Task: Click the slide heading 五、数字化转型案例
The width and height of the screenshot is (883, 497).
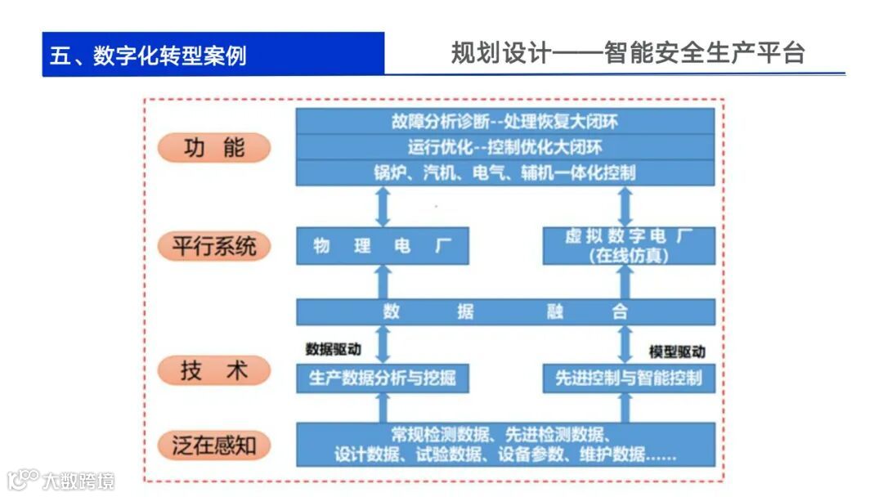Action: pos(148,55)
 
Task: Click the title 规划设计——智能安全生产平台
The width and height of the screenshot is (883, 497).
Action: pos(627,53)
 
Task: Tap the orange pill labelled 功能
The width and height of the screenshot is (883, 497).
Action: pos(213,147)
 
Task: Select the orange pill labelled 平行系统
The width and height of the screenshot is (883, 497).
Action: pos(213,246)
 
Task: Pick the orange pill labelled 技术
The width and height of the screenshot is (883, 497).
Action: pos(213,370)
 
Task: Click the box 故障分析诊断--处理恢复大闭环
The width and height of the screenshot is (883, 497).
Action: pos(504,122)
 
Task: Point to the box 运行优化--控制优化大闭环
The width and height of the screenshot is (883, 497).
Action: pos(504,147)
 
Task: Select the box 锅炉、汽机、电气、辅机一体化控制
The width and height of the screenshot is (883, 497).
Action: pos(504,172)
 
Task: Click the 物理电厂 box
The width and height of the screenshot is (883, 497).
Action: pos(382,245)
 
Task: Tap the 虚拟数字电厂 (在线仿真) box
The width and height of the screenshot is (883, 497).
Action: pos(628,245)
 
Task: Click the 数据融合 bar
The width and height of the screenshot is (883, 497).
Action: pos(504,311)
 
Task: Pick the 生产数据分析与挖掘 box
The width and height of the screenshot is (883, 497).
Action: pos(382,378)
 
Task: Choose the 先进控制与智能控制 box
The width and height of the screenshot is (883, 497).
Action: pos(628,378)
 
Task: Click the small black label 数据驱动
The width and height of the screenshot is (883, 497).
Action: pos(333,349)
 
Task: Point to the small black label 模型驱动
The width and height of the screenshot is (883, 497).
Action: pos(677,351)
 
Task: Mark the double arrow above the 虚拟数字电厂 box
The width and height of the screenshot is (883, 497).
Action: pos(625,206)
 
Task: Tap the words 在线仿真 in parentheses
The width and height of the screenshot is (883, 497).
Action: pos(628,256)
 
